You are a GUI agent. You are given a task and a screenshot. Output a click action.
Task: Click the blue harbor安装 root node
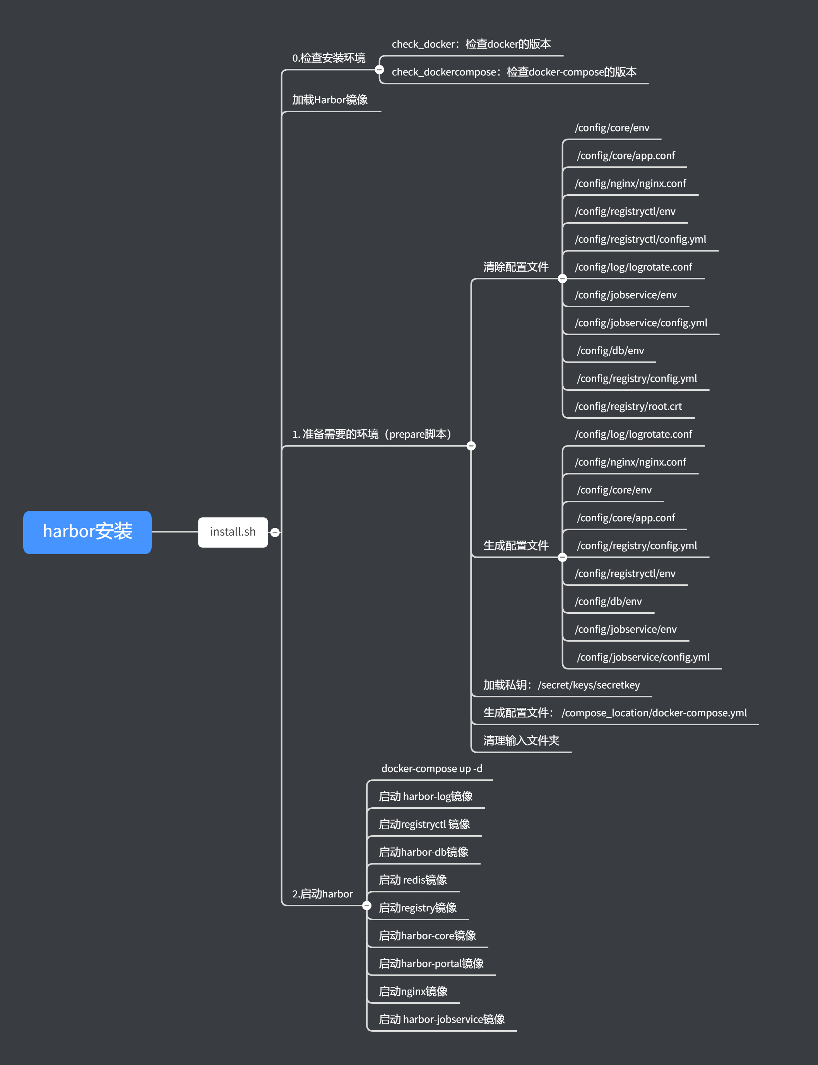pos(87,532)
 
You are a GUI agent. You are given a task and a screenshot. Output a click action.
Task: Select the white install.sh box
pos(233,532)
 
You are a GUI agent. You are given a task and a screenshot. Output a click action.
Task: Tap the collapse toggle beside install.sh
pos(275,532)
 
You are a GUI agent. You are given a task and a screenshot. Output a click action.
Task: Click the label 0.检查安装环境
pos(329,58)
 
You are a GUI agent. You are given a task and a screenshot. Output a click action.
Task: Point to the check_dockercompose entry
pos(514,72)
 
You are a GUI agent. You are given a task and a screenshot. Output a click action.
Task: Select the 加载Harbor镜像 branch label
pos(330,100)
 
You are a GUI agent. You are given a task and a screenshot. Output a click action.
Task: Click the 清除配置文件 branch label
pos(516,267)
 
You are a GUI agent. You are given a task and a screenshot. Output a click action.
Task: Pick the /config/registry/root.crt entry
pos(628,406)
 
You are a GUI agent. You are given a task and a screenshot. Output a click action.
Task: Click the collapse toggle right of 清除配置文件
pos(562,279)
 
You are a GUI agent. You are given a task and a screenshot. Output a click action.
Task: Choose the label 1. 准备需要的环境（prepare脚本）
pos(373,434)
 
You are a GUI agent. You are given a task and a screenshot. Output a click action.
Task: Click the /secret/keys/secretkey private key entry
pos(561,685)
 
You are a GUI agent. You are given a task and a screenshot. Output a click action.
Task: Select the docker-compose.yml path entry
pos(614,712)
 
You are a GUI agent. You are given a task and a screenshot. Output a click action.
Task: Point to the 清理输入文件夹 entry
pos(521,740)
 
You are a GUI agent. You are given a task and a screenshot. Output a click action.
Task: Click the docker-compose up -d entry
pos(431,769)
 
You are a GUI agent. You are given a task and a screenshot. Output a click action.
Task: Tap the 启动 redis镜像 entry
pos(413,880)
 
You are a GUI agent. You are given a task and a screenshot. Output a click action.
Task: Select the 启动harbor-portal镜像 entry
pos(431,963)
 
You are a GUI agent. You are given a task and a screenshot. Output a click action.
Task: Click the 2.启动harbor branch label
pos(322,894)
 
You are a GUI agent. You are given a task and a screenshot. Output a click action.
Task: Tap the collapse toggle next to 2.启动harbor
pos(367,906)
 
